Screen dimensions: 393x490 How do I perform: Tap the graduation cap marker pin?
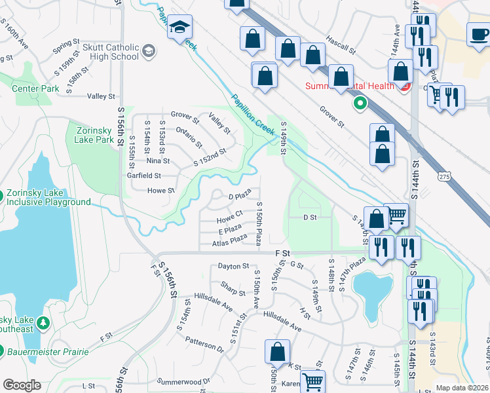point(179,28)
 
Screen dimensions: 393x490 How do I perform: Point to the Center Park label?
point(31,88)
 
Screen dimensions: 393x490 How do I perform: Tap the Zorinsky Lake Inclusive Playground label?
point(48,198)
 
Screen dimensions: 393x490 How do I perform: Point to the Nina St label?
point(158,160)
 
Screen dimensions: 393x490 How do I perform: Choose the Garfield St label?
point(145,176)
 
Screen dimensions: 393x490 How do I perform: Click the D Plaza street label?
point(240,196)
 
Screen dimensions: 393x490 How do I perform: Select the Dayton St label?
point(234,267)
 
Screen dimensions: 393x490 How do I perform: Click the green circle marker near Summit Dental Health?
point(359,103)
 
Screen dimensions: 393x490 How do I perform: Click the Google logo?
point(22,385)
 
